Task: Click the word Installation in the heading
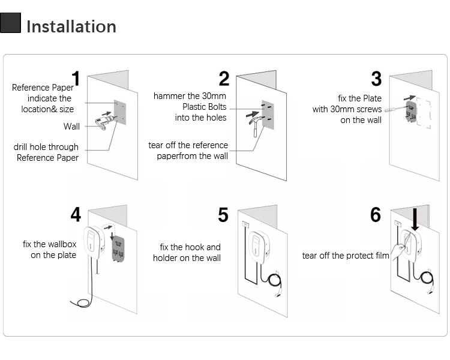point(71,26)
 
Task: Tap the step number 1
point(76,79)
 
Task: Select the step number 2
point(224,79)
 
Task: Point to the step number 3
point(376,79)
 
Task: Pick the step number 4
point(76,215)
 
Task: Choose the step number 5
point(223,215)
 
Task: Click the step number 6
point(376,215)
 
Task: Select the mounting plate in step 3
point(411,111)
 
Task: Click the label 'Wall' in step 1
point(71,127)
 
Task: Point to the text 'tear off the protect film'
point(346,256)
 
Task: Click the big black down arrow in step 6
point(415,220)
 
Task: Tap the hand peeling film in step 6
point(397,251)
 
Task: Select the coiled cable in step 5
point(275,280)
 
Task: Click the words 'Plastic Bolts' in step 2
point(205,107)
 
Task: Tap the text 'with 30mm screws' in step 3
point(347,109)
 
